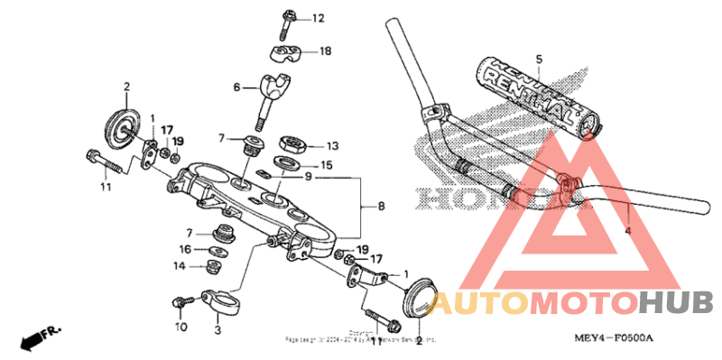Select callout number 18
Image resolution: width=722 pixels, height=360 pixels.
pyautogui.click(x=325, y=52)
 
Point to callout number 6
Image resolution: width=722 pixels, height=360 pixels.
pyautogui.click(x=237, y=88)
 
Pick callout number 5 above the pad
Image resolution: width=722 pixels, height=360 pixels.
pyautogui.click(x=538, y=60)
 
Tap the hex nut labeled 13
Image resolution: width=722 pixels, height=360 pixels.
pyautogui.click(x=292, y=143)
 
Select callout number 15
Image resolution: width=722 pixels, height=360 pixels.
pyautogui.click(x=326, y=166)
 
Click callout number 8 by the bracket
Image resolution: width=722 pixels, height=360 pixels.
pyautogui.click(x=382, y=207)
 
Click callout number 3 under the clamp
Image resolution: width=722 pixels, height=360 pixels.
pyautogui.click(x=217, y=331)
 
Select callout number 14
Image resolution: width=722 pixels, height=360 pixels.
pyautogui.click(x=180, y=266)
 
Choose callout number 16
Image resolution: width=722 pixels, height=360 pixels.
pyautogui.click(x=183, y=249)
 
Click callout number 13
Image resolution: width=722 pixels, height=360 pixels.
pyautogui.click(x=332, y=144)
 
